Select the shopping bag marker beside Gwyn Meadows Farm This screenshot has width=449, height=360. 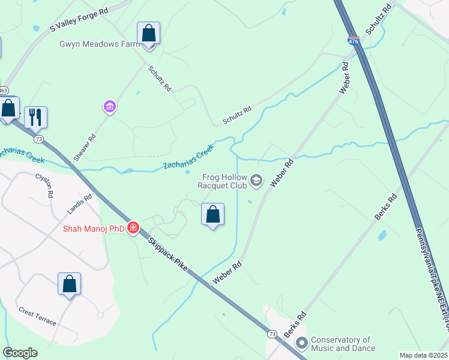point(148,34)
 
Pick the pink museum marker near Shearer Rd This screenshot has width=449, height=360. point(109,107)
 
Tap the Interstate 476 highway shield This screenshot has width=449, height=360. point(353,41)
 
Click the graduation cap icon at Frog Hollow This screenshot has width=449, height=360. point(256,180)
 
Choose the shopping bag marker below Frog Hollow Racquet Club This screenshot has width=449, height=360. point(212,215)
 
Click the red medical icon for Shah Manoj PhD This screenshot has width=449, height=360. point(133,228)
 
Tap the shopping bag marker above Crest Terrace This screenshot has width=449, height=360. point(69,284)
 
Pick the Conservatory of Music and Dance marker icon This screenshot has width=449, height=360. point(301,344)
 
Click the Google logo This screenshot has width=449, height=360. point(20,353)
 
